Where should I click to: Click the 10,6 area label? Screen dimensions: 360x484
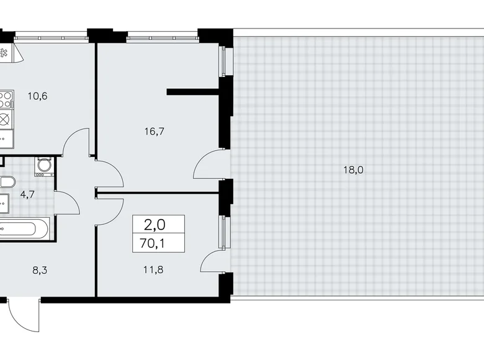coord(38,96)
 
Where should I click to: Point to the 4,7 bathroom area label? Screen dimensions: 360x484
coord(28,194)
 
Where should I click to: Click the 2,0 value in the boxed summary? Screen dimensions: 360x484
coord(158,223)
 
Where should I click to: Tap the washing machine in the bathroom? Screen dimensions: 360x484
coord(43,166)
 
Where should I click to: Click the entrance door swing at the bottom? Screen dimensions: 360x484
coord(25,317)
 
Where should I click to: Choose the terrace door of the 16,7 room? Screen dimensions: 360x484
coord(210,166)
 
